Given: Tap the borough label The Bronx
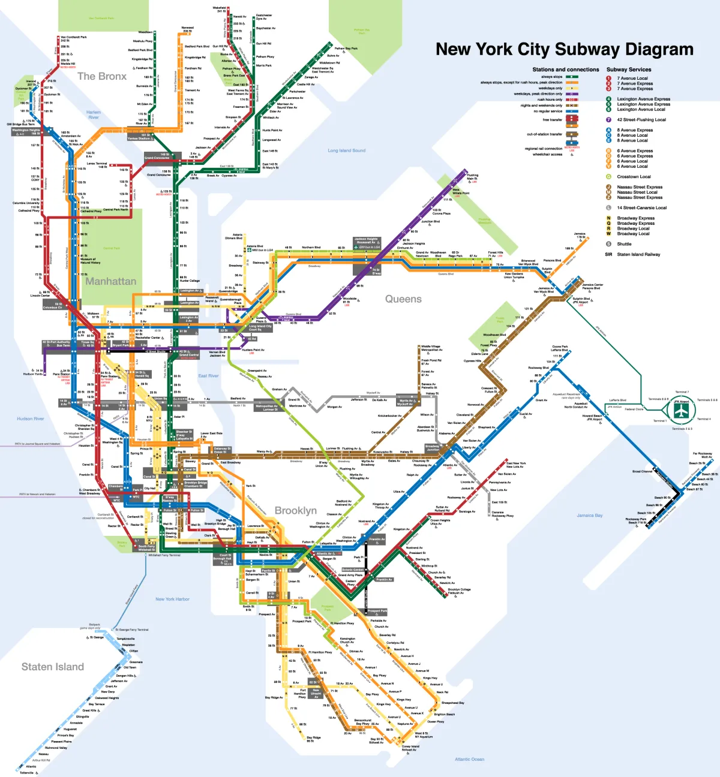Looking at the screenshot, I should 102,76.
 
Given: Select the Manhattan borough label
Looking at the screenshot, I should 110,281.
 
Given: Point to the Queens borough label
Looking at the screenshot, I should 403,299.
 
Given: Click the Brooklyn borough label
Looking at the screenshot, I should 295,510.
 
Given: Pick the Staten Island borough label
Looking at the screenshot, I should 53,667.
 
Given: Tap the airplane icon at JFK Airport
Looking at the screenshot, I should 681,411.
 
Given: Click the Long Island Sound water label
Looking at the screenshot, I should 346,150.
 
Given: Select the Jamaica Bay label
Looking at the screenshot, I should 589,515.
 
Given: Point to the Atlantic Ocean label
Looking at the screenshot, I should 469,759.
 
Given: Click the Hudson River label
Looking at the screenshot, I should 31,418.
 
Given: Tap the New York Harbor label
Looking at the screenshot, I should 172,599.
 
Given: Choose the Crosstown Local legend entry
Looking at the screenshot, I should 634,177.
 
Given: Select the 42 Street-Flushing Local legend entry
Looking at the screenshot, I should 641,120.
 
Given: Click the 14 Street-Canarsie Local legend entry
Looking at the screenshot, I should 641,208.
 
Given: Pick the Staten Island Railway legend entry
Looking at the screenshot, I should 638,254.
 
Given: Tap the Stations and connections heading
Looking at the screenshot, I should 565,70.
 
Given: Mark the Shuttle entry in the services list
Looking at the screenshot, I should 624,244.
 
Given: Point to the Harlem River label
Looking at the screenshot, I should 94,115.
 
